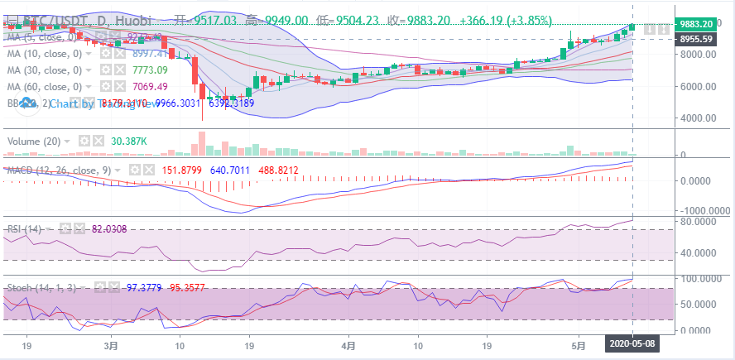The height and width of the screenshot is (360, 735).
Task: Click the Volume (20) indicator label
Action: (34, 142)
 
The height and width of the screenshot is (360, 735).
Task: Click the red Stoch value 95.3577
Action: (189, 287)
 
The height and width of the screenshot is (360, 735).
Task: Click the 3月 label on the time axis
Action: (112, 343)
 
